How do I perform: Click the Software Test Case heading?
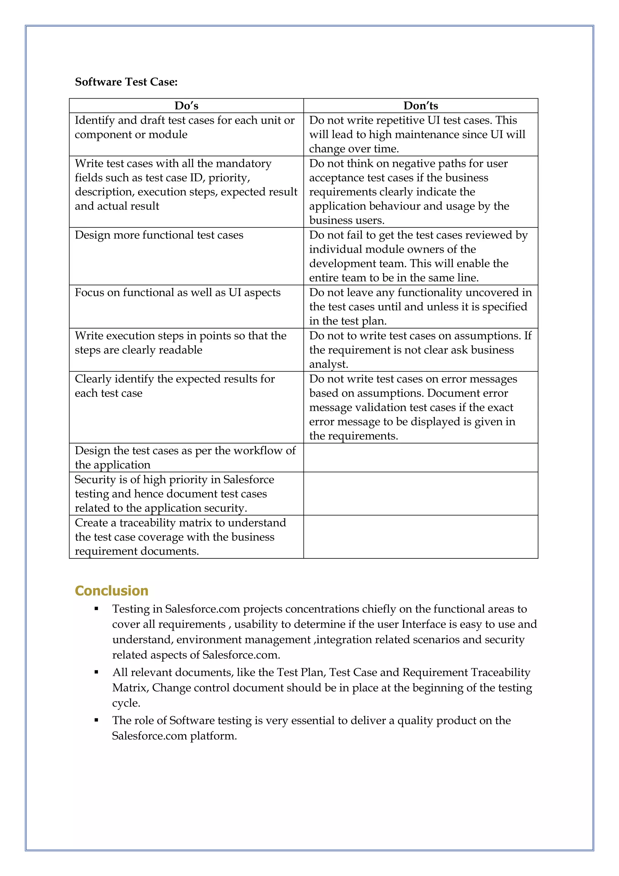tap(126, 82)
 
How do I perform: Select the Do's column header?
tap(186, 106)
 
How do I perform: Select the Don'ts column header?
tap(421, 106)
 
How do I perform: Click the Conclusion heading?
tap(111, 591)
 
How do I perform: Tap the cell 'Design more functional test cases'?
tap(159, 235)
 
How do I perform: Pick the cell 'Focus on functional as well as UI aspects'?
tap(178, 293)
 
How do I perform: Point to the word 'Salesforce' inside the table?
tap(248, 479)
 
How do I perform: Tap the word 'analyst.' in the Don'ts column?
tap(329, 364)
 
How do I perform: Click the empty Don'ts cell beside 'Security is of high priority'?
tap(420, 494)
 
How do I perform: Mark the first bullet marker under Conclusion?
tap(96, 609)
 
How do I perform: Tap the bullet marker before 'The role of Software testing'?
tap(96, 720)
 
